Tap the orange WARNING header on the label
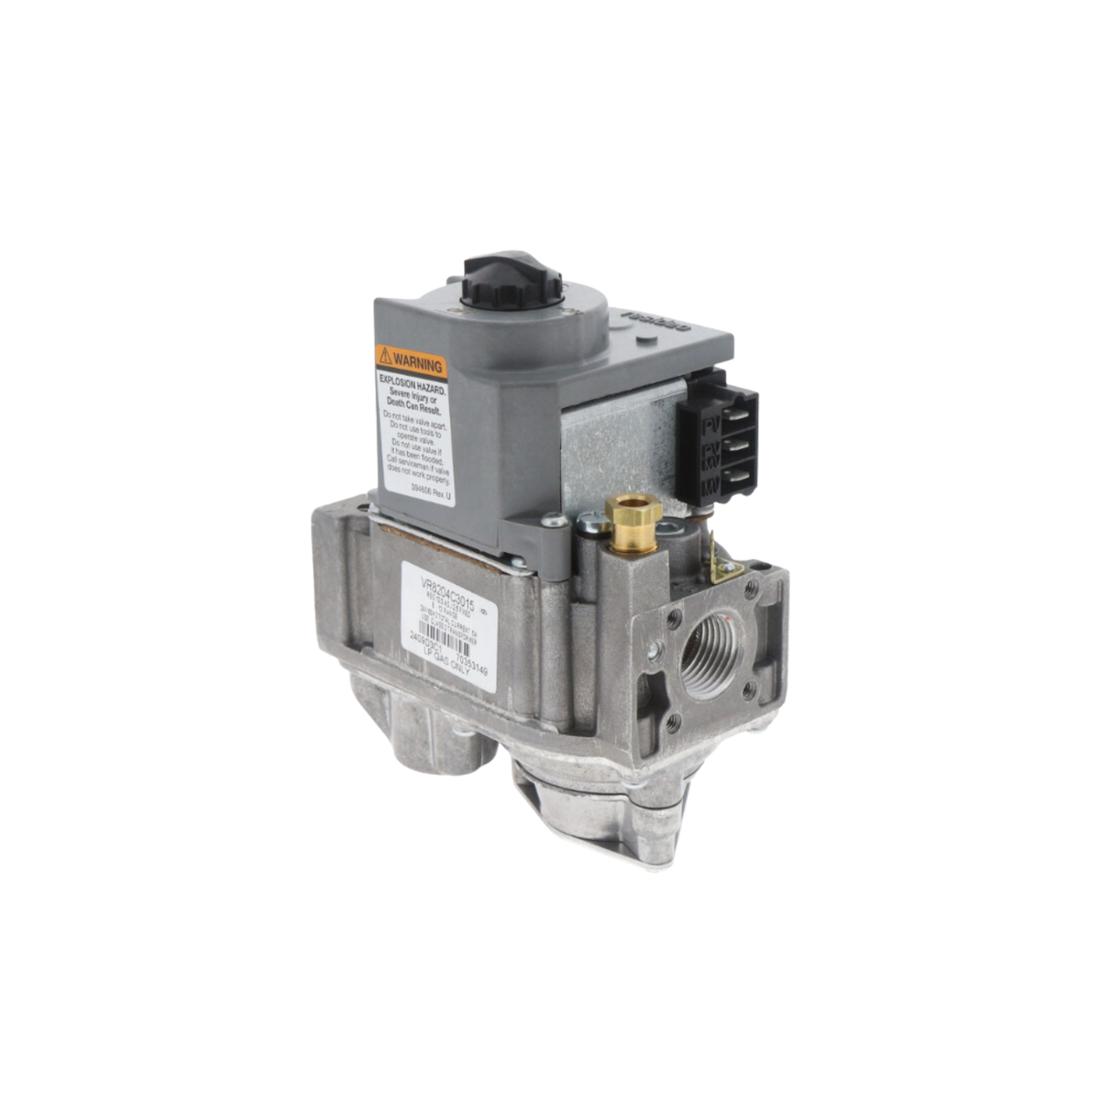(x=411, y=360)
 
